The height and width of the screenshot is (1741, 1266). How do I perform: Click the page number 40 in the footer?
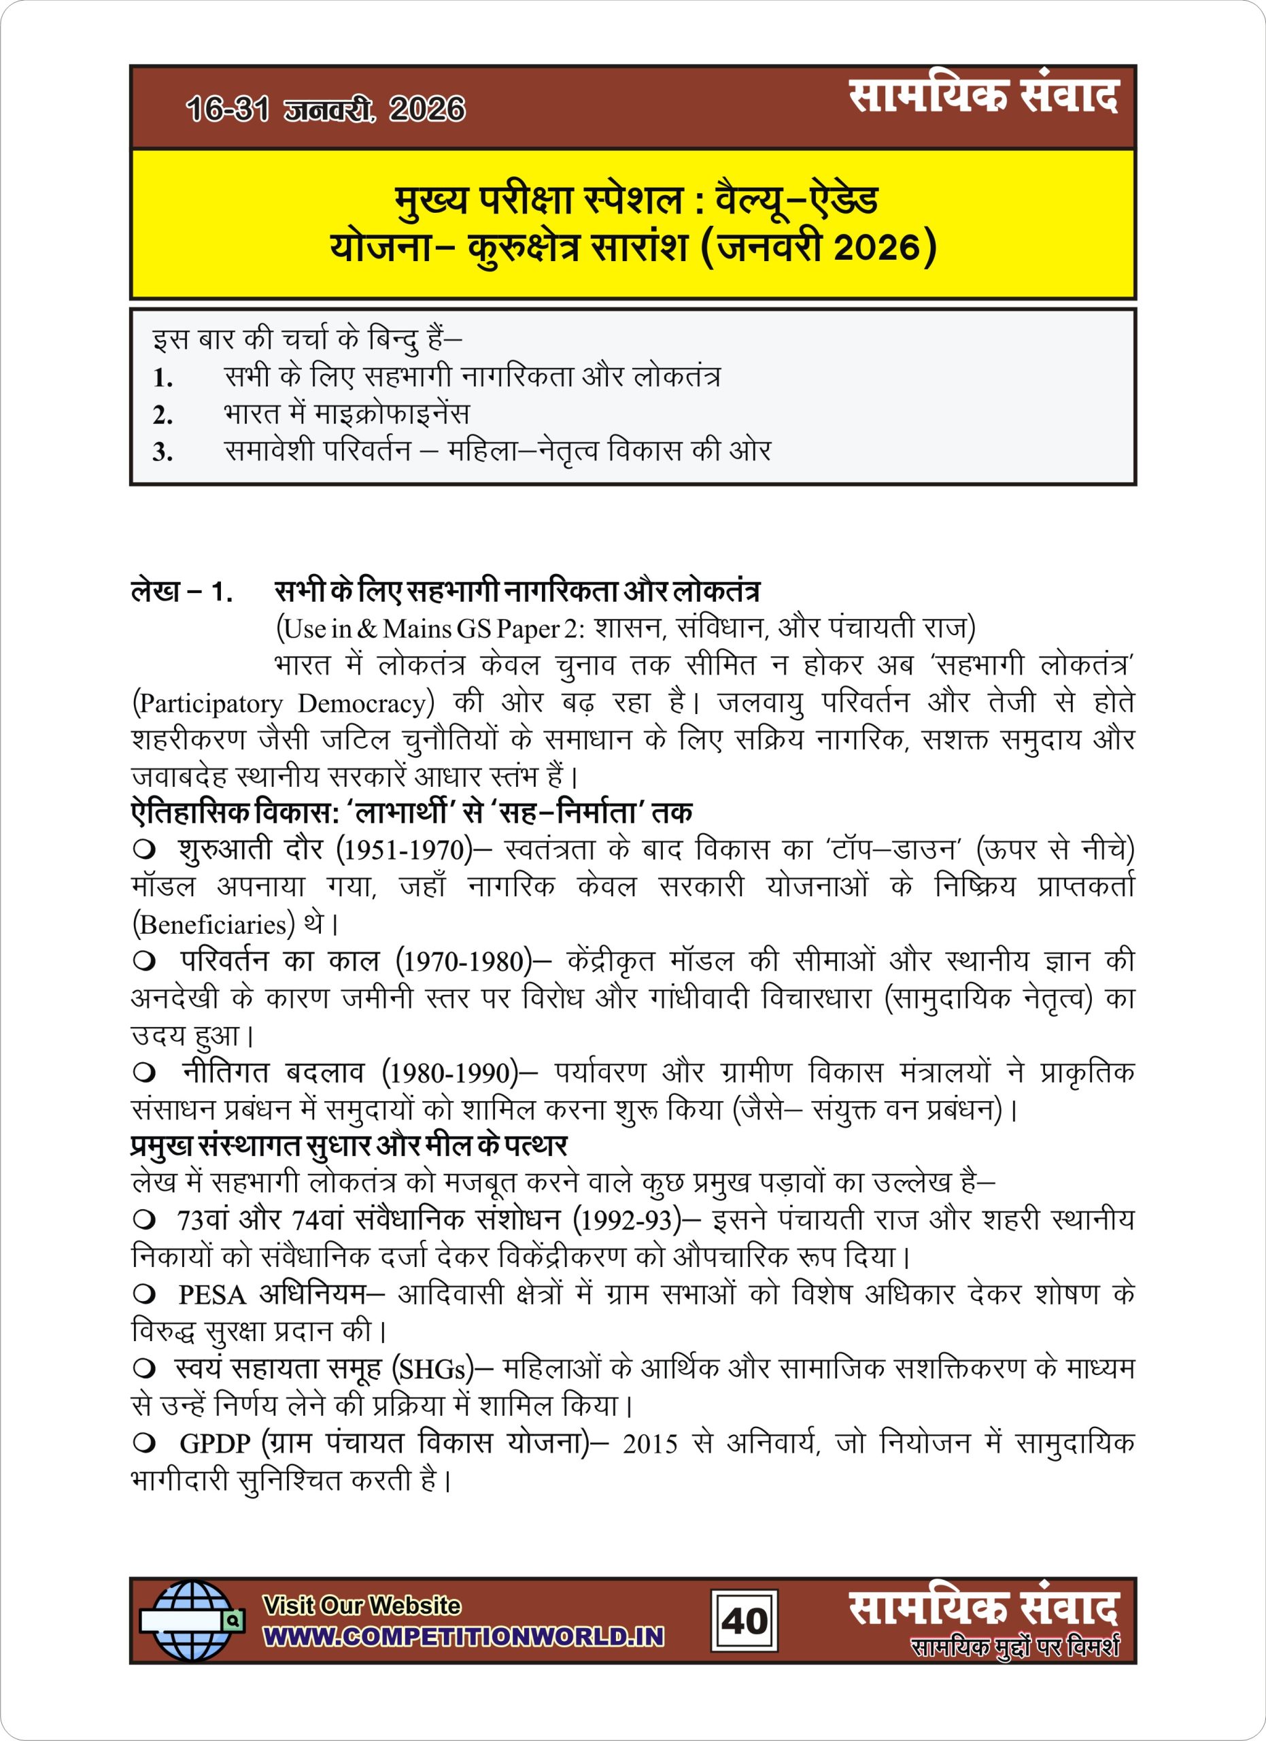(x=744, y=1621)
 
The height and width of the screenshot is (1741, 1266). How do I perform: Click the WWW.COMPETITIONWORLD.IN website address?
(x=464, y=1636)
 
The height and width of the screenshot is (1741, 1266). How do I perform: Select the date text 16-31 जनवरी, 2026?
(x=325, y=109)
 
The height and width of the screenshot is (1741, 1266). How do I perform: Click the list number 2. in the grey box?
(x=162, y=415)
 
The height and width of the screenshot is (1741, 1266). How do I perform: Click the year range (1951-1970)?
(x=405, y=850)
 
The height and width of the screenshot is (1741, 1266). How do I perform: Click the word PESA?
(x=211, y=1295)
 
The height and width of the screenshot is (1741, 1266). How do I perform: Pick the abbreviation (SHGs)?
(x=432, y=1370)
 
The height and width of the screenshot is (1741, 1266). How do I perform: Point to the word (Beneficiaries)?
(x=214, y=924)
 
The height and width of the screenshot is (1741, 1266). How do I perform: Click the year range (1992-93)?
(x=627, y=1221)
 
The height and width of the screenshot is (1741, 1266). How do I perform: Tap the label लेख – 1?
(x=182, y=591)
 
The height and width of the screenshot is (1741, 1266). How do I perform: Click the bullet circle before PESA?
(x=143, y=1295)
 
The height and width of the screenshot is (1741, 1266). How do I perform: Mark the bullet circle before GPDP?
(x=143, y=1444)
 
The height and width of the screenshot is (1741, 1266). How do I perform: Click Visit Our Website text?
(x=362, y=1605)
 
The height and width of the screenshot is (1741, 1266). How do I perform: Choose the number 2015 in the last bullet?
(x=650, y=1444)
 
